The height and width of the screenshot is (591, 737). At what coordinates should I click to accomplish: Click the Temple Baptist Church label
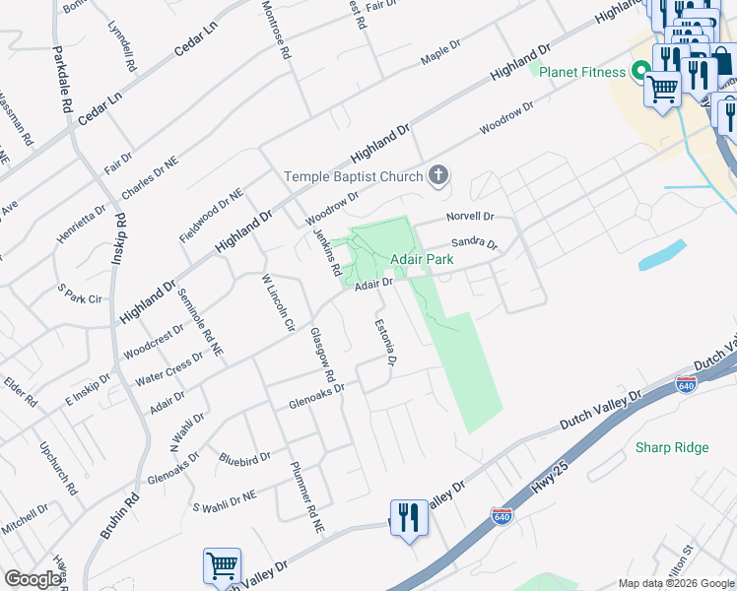coord(353,177)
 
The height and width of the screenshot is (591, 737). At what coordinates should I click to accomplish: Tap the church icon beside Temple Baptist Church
coord(438,176)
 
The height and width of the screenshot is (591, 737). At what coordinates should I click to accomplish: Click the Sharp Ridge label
coord(672,448)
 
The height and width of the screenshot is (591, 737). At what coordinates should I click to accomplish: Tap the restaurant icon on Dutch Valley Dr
coord(409,517)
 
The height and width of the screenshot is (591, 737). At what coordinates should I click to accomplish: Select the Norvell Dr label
coord(469,216)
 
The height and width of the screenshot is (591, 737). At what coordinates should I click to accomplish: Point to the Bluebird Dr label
coord(244,459)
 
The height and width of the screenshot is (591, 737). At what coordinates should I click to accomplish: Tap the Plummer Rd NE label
coord(306,498)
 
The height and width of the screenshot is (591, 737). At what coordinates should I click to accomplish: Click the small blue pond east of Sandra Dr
coord(662,254)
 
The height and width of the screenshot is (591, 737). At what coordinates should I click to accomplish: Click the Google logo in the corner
coord(33,579)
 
